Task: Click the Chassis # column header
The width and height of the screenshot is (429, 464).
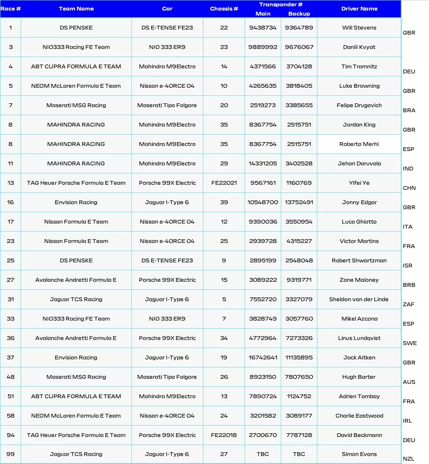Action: click(224, 9)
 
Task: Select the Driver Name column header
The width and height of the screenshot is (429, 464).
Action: click(359, 9)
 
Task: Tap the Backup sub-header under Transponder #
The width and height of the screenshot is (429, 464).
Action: click(299, 14)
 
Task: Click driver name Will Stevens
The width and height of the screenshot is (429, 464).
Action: click(359, 28)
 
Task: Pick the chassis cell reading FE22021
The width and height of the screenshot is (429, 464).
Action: click(224, 183)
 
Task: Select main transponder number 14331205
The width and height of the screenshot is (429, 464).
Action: click(263, 164)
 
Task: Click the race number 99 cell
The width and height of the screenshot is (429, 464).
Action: click(11, 454)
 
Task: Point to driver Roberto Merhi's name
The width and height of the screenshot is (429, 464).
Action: click(359, 144)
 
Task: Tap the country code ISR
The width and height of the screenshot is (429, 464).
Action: click(408, 266)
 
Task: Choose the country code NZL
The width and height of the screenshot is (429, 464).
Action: click(408, 459)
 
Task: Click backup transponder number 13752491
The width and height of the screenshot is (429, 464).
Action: click(299, 202)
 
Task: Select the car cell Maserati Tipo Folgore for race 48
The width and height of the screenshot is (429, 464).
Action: click(167, 377)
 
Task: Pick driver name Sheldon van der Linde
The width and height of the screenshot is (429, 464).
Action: click(359, 299)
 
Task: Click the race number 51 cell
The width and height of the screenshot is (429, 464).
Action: click(11, 397)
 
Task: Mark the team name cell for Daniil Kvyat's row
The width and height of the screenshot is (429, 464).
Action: click(76, 47)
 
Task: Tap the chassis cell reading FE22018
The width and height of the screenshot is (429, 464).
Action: click(224, 435)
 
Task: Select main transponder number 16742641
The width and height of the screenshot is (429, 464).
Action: click(263, 358)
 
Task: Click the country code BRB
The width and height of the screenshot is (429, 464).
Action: click(409, 285)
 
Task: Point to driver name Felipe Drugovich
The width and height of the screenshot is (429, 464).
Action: click(359, 105)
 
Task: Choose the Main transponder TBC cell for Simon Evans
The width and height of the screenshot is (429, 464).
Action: click(263, 454)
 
